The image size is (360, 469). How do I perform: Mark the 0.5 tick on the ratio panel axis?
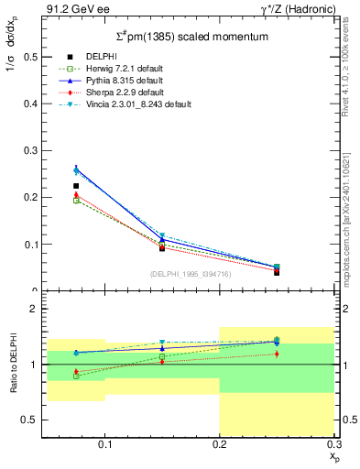29,420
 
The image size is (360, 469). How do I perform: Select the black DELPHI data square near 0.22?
76,186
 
